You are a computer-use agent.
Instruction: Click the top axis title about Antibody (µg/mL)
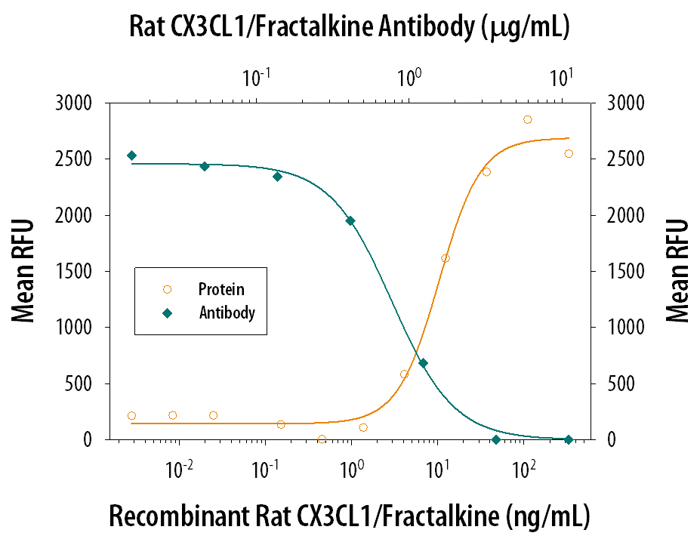[x=350, y=28]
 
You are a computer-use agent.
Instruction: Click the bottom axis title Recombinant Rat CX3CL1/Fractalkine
[x=349, y=516]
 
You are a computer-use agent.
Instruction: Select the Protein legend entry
[x=220, y=289]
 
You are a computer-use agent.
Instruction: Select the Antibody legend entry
[x=227, y=313]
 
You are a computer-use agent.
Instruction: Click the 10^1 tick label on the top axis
[x=561, y=79]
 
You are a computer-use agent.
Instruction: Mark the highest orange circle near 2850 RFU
[x=527, y=119]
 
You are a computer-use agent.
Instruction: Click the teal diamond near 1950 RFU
[x=350, y=220]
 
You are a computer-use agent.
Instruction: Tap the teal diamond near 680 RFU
[x=423, y=363]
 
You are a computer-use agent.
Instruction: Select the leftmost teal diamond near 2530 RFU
[x=131, y=156]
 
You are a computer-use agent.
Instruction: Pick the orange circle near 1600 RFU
[x=445, y=258]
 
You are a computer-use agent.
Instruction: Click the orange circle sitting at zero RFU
[x=322, y=439]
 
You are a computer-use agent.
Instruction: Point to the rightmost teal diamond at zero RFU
[x=568, y=439]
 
